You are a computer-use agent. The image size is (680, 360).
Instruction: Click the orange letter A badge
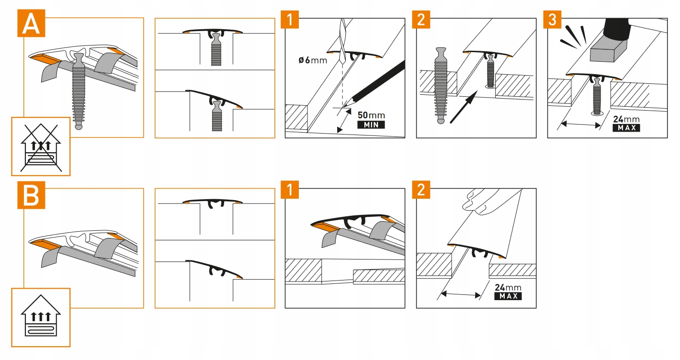[31, 23]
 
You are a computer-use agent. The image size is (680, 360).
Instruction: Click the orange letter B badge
[31, 196]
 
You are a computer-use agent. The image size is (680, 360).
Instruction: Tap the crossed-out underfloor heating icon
[41, 146]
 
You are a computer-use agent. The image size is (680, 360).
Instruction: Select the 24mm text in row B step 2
[508, 287]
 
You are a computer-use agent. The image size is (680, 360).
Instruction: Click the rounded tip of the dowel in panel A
[79, 127]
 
